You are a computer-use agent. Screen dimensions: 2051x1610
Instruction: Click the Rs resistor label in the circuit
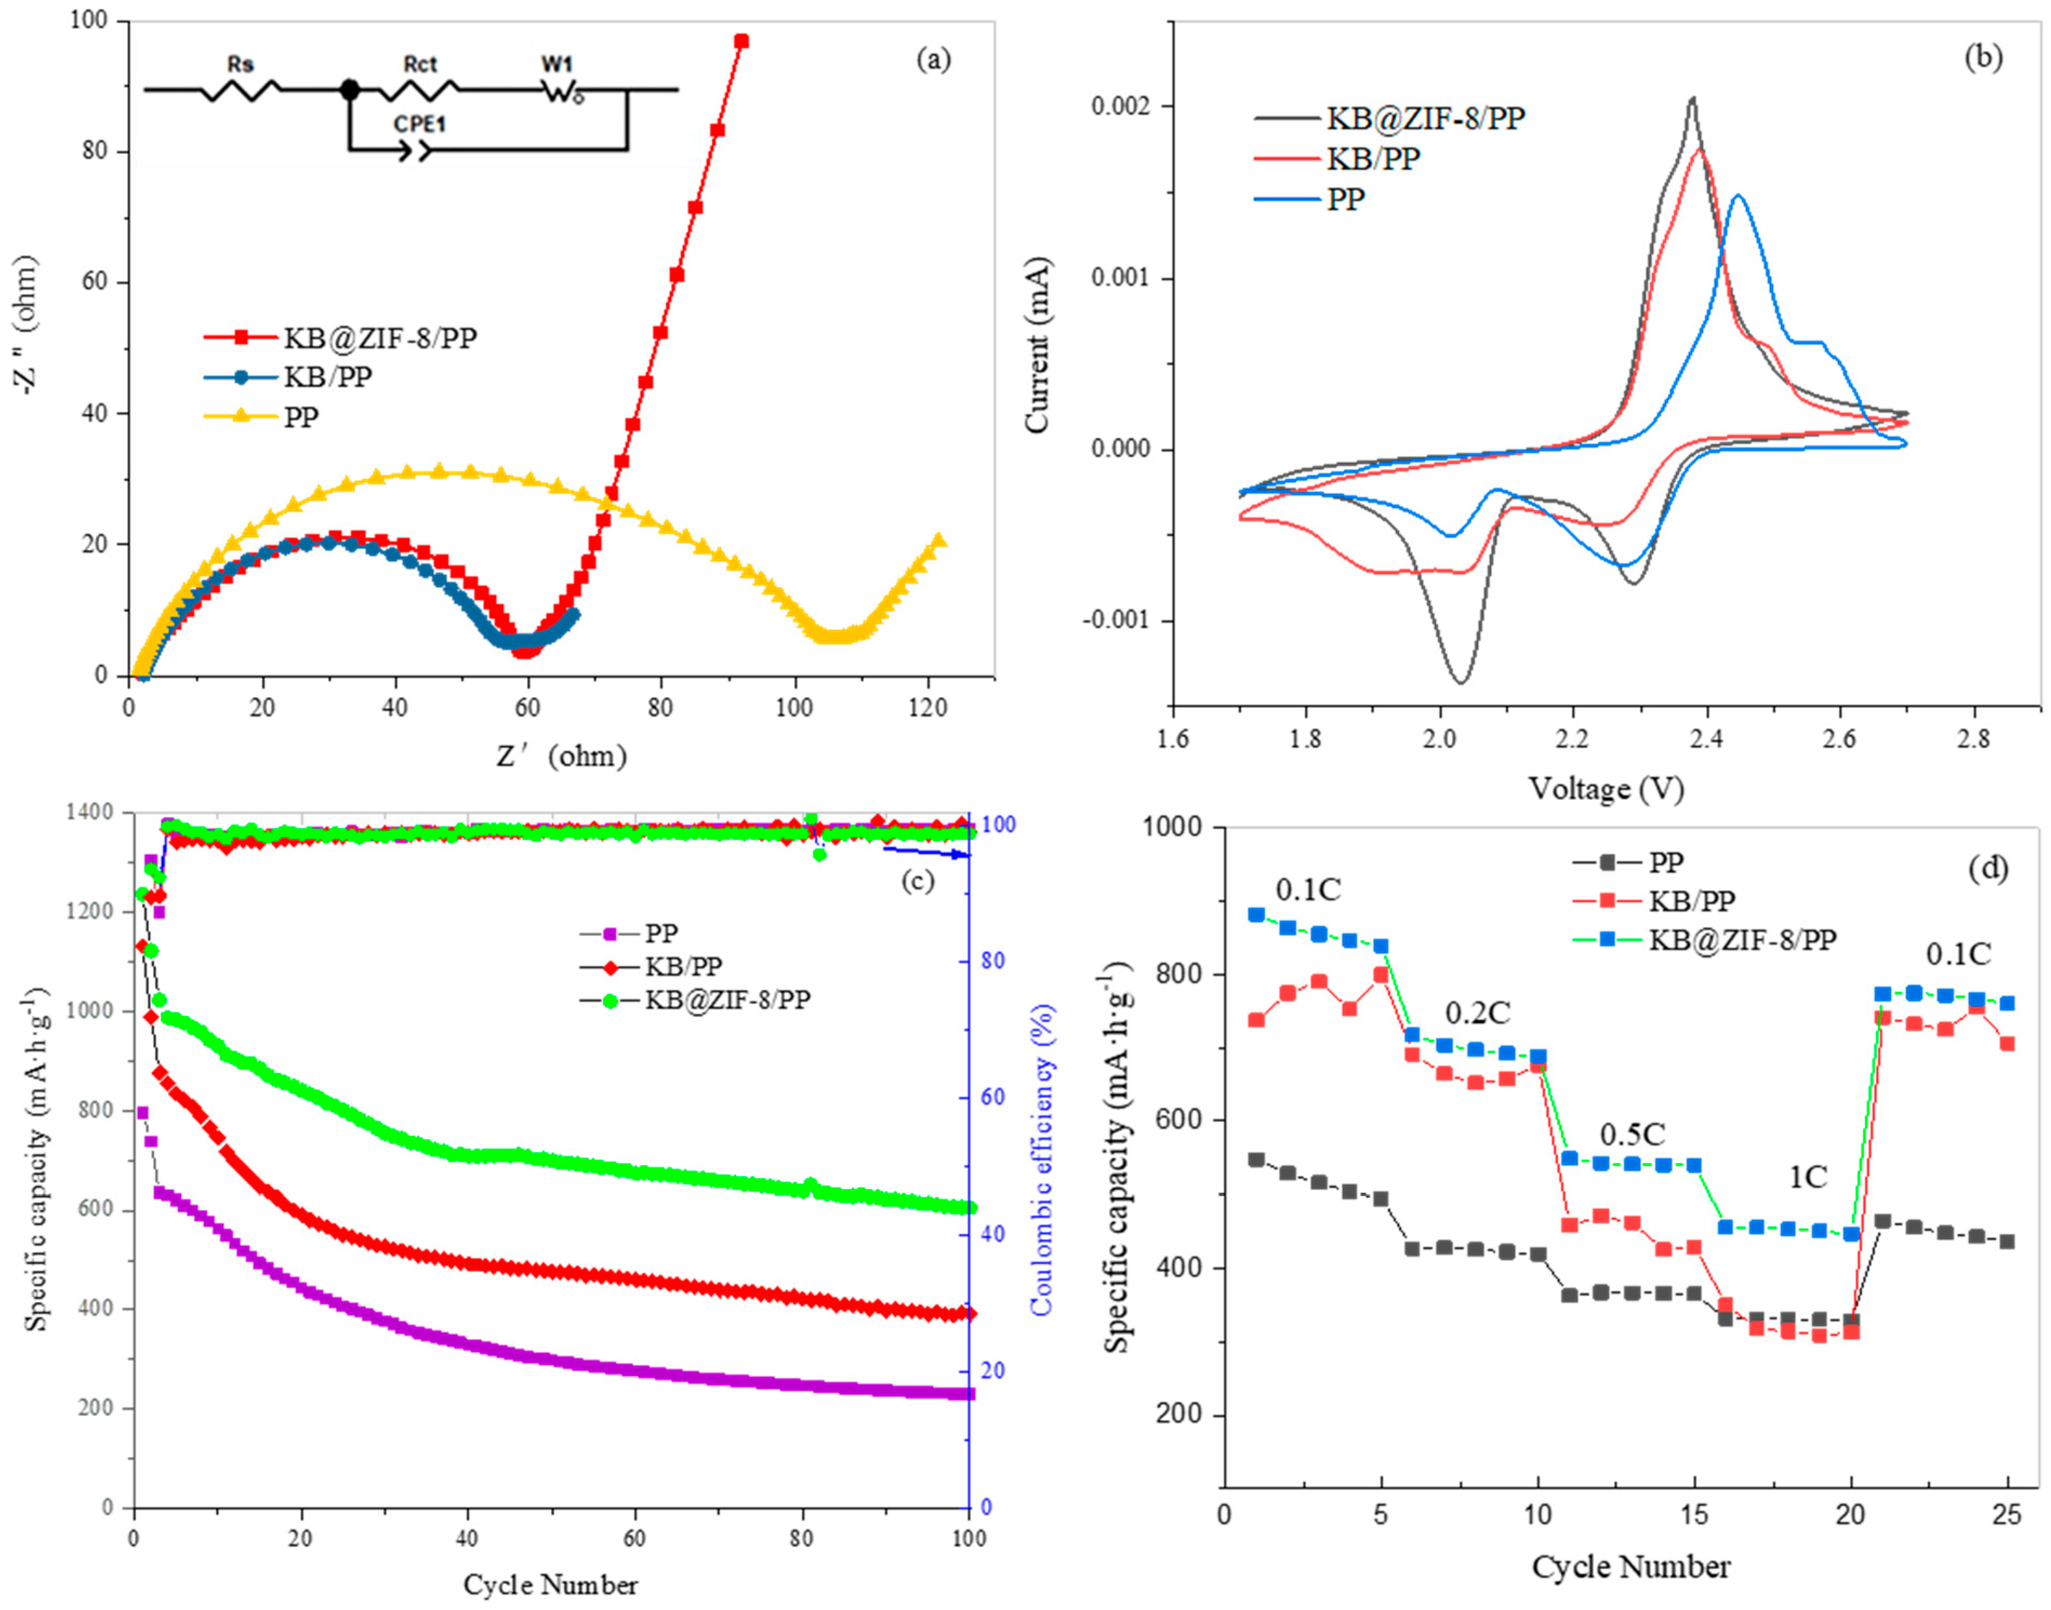coord(241,64)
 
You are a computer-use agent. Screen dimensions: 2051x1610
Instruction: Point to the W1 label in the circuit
coord(556,64)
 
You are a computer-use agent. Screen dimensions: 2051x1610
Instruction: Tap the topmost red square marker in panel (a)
coord(741,41)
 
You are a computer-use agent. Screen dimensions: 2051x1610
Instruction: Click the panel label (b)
coord(1982,57)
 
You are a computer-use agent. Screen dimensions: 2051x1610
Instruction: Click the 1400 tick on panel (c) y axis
coord(97,812)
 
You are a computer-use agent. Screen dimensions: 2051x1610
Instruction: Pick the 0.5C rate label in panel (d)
coord(1633,1133)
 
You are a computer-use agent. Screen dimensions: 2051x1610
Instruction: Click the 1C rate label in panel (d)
coord(1808,1177)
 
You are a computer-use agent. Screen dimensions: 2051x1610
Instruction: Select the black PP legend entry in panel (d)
coord(1629,860)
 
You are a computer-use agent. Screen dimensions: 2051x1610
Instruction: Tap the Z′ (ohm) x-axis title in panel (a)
coord(561,755)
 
